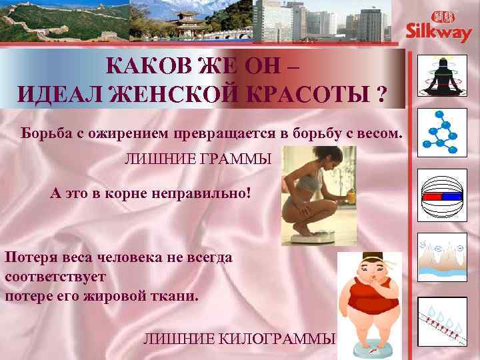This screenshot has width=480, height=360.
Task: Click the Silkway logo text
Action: click(439, 33)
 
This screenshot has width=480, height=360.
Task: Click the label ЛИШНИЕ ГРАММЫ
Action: click(199, 160)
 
